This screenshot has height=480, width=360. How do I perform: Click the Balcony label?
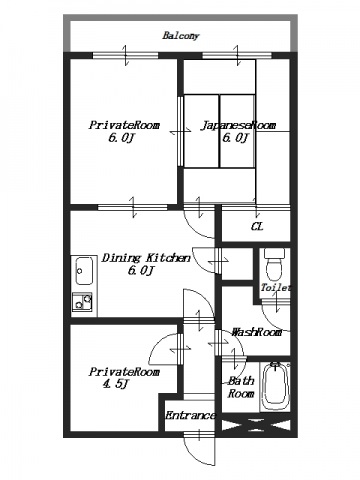tap(181, 35)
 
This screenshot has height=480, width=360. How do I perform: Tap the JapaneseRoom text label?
tap(238, 125)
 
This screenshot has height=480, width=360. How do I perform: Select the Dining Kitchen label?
tap(146, 258)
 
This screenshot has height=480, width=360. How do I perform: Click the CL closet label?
tap(257, 227)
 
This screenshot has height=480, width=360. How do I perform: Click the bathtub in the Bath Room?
tap(275, 386)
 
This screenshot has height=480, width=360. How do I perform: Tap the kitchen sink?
tap(83, 270)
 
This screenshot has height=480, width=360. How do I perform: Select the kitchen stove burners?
tap(82, 302)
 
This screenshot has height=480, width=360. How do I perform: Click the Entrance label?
tap(190, 415)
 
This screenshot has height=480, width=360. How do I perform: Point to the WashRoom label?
tap(257, 332)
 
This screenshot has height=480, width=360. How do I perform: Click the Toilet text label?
tap(276, 287)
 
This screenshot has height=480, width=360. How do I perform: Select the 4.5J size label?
tap(116, 384)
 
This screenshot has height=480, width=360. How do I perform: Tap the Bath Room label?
tap(241, 387)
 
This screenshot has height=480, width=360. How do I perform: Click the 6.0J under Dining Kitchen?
tap(141, 270)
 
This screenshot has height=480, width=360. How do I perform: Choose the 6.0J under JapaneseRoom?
tap(236, 137)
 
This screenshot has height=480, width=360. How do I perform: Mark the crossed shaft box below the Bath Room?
tap(256, 425)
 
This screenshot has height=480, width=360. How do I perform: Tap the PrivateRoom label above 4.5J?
tap(124, 372)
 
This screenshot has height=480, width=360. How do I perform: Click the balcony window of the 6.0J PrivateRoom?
tap(125, 55)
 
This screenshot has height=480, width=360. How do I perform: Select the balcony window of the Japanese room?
tap(237, 55)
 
